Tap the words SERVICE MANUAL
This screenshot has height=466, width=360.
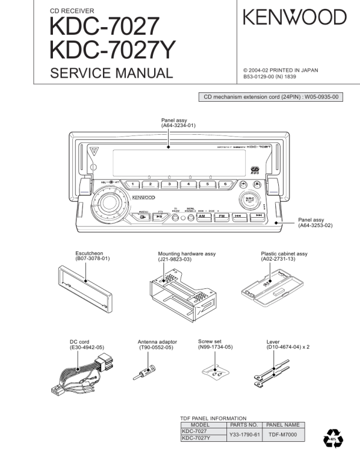(112, 74)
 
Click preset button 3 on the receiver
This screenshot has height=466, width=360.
(169, 184)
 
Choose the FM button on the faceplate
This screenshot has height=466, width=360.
(221, 216)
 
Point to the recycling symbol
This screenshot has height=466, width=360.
(333, 439)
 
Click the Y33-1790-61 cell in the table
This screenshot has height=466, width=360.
(245, 435)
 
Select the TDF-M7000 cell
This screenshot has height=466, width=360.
(283, 435)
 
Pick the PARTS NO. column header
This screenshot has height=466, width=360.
(245, 424)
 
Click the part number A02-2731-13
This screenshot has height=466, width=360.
(284, 259)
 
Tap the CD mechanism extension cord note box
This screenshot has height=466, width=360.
(272, 98)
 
